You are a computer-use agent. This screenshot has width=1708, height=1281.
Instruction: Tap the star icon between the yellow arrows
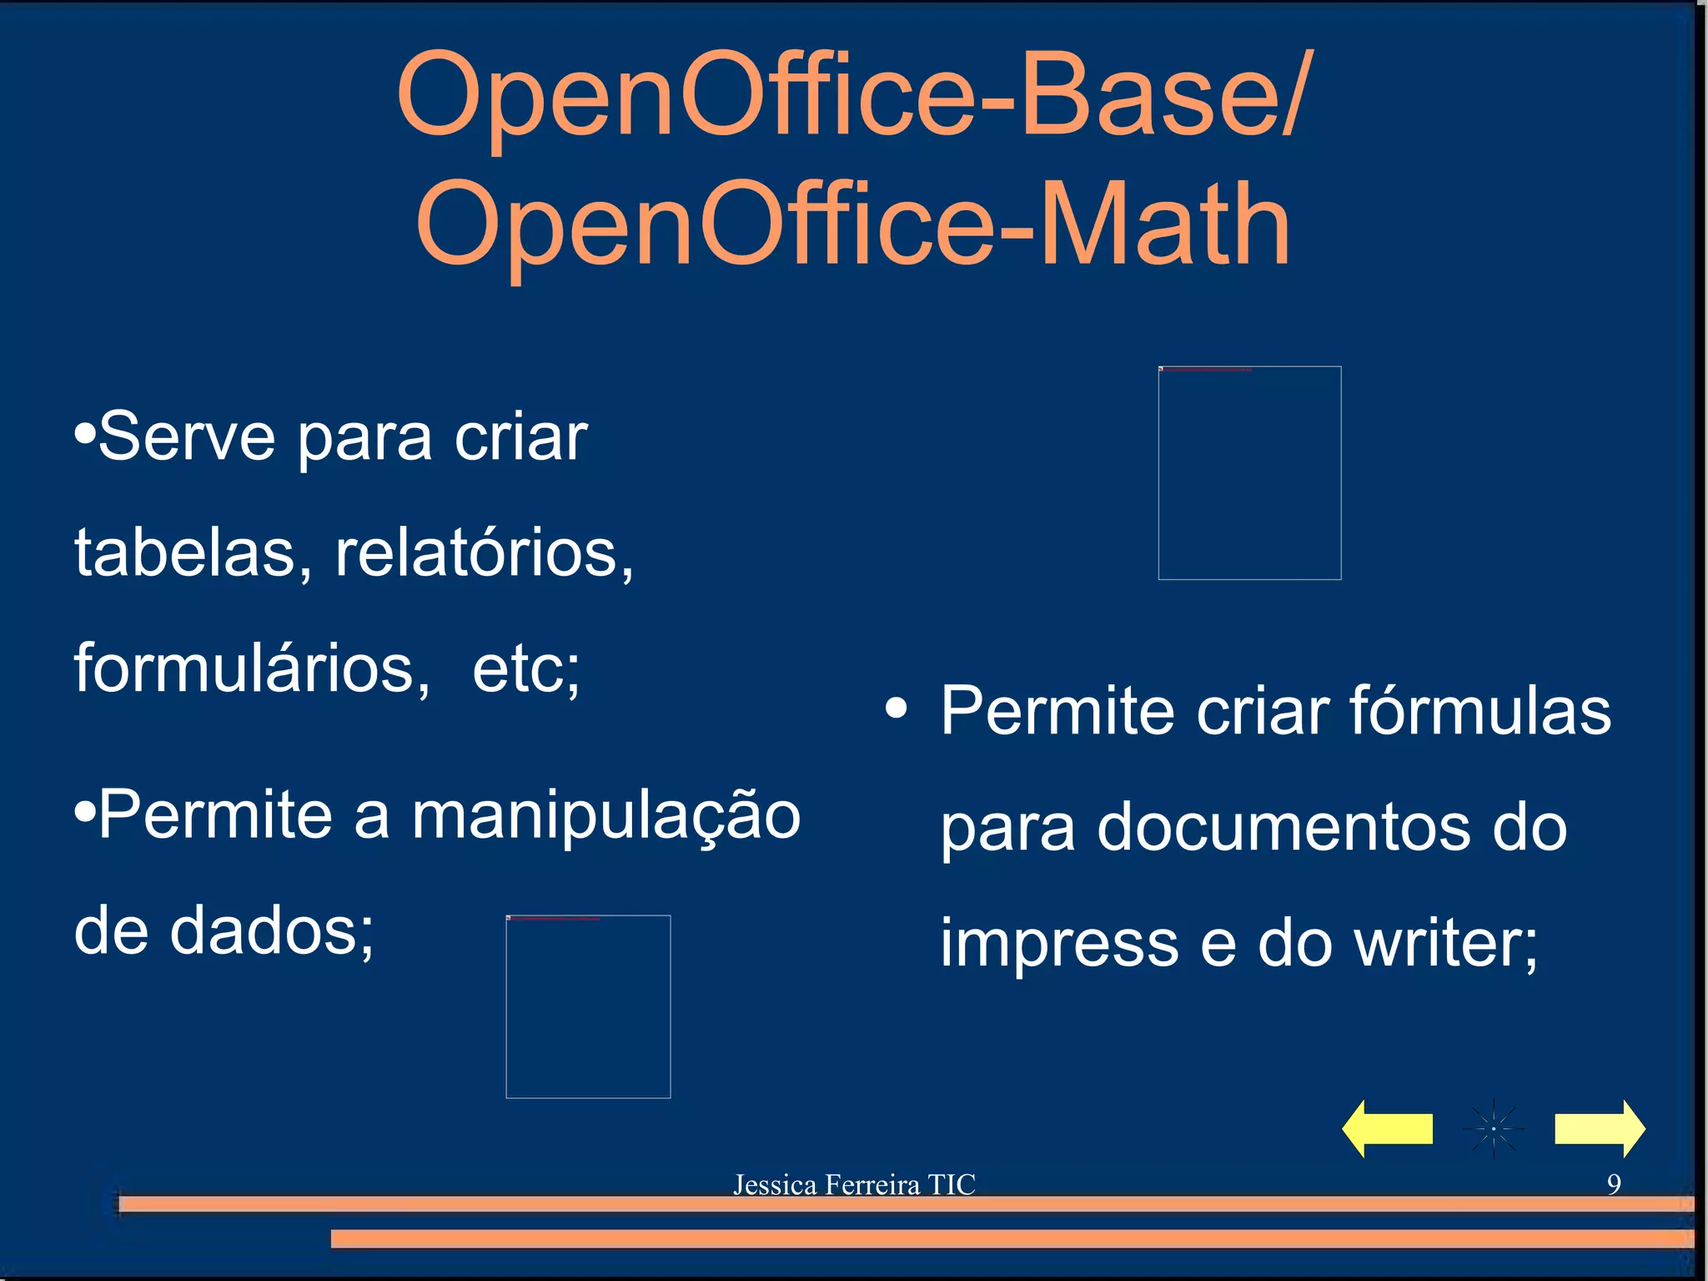click(1493, 1129)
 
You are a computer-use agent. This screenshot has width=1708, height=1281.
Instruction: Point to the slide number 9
click(1614, 1183)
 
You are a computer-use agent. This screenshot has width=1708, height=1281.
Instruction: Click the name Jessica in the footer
click(774, 1184)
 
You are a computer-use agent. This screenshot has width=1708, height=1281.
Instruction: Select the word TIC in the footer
click(952, 1184)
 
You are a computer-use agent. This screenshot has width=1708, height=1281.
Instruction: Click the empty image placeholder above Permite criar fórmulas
click(1249, 472)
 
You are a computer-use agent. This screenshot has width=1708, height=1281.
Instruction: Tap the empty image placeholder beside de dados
click(588, 1006)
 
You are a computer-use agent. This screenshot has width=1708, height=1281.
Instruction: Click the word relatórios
click(484, 552)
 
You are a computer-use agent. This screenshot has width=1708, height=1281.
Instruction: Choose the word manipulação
click(606, 816)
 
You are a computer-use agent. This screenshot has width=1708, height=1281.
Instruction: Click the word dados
click(272, 931)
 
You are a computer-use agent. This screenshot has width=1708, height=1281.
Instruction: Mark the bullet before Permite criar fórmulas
click(897, 709)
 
